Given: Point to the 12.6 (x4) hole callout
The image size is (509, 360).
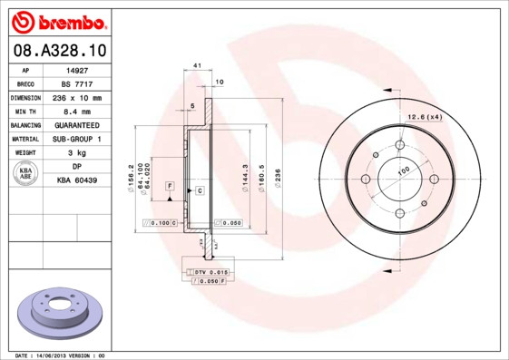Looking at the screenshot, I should [x=424, y=116].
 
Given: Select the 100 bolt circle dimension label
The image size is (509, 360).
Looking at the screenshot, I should [x=403, y=170].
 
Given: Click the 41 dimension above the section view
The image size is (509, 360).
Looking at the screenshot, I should [x=197, y=67].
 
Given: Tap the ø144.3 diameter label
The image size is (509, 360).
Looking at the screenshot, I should [x=246, y=172].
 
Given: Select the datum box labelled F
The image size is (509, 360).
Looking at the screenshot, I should [x=170, y=186].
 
